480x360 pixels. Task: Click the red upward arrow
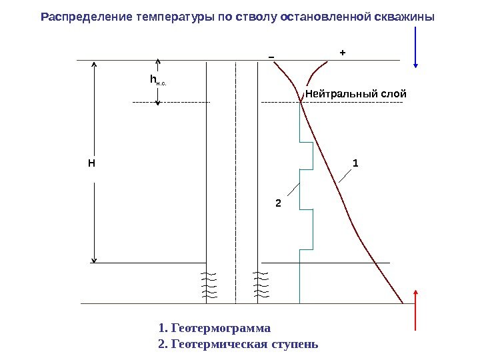[x=417, y=311]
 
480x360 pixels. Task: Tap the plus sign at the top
[x=343, y=51]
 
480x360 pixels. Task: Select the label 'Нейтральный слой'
[x=355, y=93]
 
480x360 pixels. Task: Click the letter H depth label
[x=91, y=163]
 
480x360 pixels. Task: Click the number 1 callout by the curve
[x=355, y=163]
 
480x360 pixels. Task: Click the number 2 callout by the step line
[x=279, y=201]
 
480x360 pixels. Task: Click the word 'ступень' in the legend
[x=295, y=344]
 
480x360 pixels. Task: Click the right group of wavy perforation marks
[x=260, y=285]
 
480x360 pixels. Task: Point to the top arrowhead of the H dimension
[x=95, y=65]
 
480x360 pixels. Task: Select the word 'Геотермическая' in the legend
[x=214, y=344]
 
